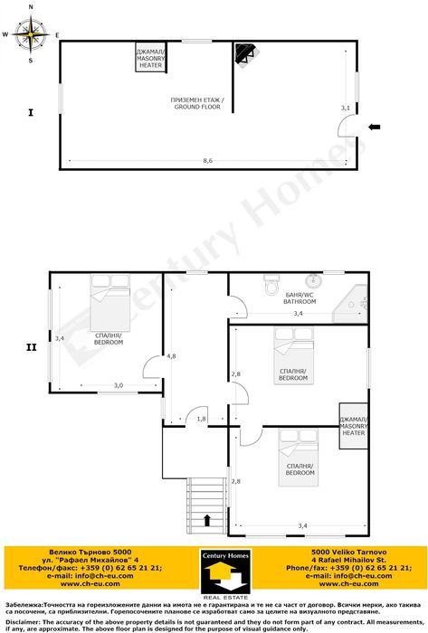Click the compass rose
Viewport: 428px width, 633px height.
point(32,35)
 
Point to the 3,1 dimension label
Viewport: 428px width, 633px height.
point(345,108)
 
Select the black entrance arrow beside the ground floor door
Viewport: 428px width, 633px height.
point(375,128)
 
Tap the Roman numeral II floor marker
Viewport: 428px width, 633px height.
point(30,345)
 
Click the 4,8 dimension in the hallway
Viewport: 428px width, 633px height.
point(171,356)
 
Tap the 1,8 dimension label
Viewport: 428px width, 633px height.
point(201,419)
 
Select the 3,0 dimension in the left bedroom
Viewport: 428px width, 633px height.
point(118,385)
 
